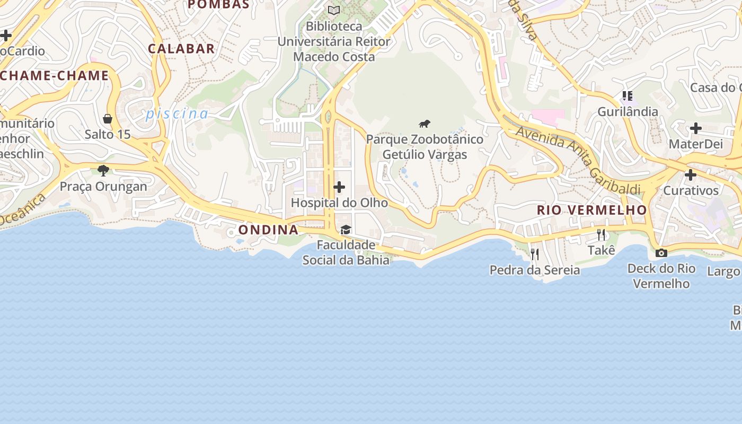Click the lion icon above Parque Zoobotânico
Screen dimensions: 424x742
coord(424,125)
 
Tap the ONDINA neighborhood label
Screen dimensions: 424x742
coord(268,229)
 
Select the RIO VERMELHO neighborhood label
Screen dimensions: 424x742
coord(591,210)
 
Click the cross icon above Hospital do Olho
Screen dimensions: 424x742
coord(339,187)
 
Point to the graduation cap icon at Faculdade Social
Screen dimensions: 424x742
coord(346,229)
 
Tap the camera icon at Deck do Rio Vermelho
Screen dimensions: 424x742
coord(661,253)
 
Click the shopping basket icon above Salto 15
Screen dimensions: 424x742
coord(108,118)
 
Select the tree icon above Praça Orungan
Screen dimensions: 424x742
coord(103,171)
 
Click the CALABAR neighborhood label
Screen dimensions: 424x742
coord(181,49)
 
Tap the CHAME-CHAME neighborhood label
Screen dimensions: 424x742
coord(55,76)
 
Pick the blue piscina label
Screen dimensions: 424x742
coord(177,113)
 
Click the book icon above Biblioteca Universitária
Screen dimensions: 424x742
coord(334,10)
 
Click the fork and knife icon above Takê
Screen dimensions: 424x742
coord(601,234)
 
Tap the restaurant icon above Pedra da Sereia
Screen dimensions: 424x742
coord(535,254)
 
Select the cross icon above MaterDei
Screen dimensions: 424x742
coord(695,128)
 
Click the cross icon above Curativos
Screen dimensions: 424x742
coord(691,175)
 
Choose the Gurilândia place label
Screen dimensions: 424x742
coord(628,112)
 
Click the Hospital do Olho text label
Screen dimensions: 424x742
coord(339,203)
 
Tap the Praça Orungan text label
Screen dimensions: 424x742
coord(103,187)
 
